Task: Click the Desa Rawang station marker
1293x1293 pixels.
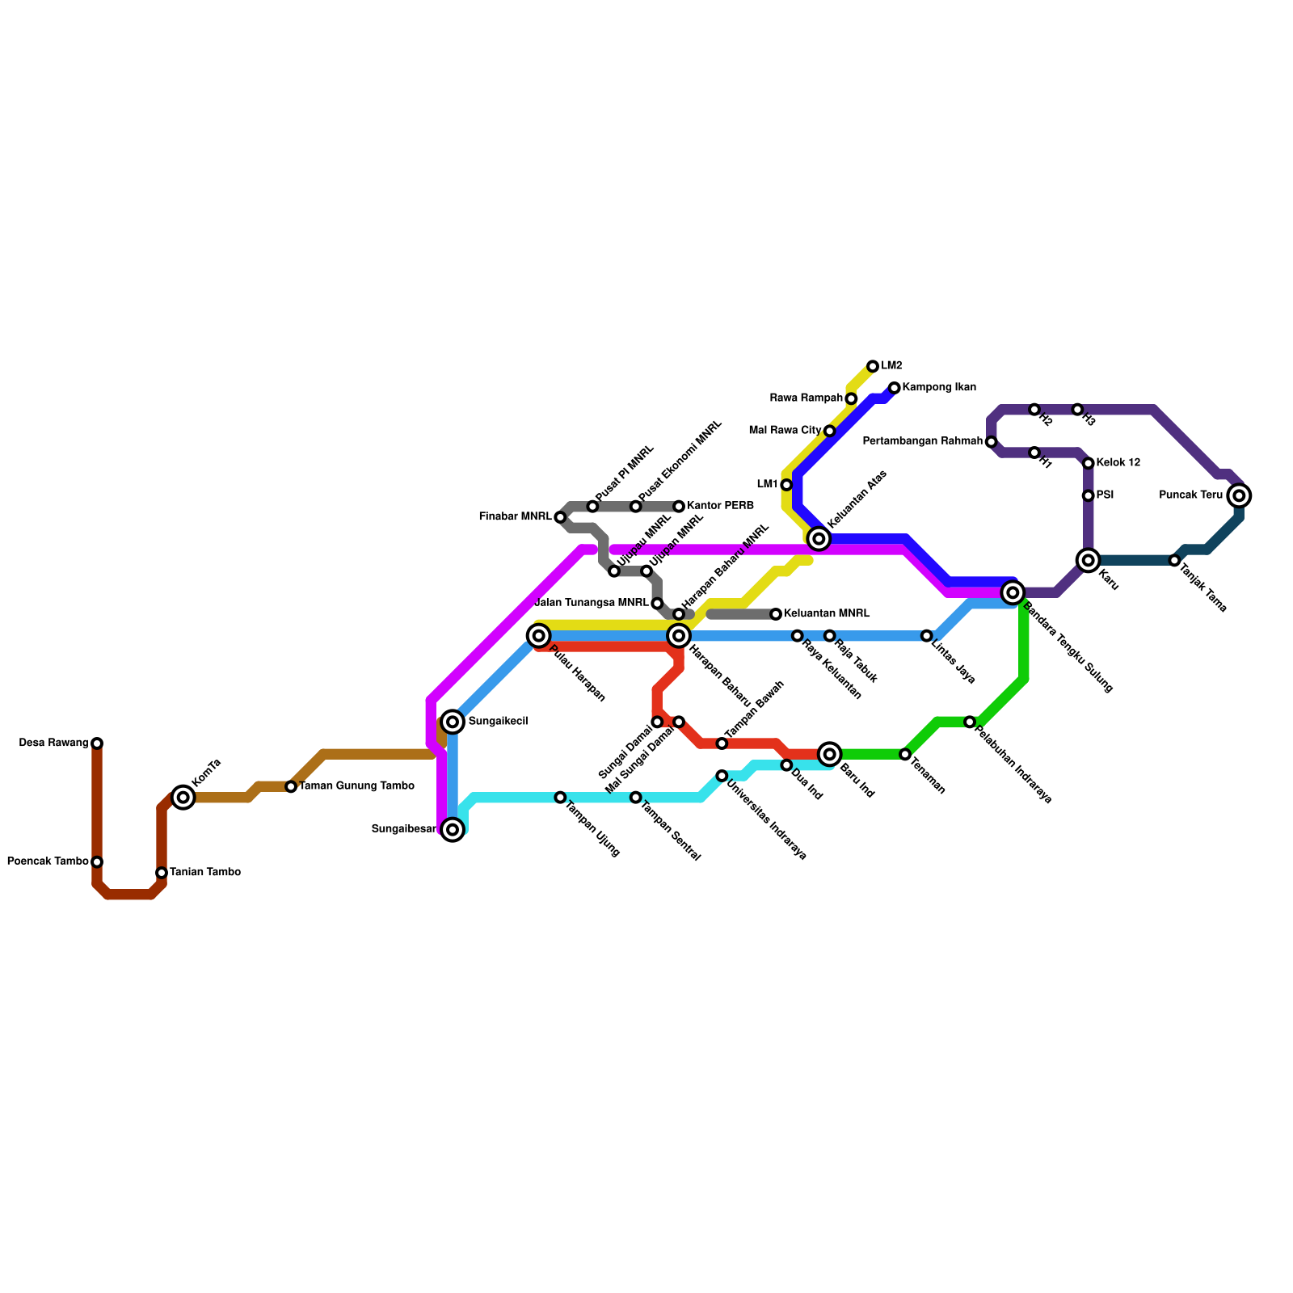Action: pos(97,743)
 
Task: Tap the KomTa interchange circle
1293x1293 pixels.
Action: pos(183,798)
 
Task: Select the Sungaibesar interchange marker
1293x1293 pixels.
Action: pos(453,829)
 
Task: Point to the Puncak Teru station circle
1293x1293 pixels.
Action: pos(1239,495)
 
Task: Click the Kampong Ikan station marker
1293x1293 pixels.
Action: pos(895,389)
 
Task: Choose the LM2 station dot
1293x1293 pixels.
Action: pos(873,367)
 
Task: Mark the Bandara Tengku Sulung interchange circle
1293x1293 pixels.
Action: pos(1013,592)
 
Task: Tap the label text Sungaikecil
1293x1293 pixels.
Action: pos(498,722)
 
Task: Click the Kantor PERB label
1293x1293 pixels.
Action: pos(720,506)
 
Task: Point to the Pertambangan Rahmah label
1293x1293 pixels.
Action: pos(923,442)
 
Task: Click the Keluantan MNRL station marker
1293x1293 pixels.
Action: pos(776,614)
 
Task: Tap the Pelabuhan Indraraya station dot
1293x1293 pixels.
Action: pos(970,722)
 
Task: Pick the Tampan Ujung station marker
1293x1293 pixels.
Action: pos(560,798)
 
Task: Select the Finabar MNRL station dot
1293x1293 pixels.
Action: pos(560,517)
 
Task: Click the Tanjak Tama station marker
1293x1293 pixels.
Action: pos(1174,560)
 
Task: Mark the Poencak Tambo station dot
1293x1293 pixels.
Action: pos(97,862)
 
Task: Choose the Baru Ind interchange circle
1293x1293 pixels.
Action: pos(829,754)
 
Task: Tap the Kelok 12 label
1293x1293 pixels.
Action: pos(1118,463)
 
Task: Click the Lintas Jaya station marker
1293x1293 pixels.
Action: pos(927,636)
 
